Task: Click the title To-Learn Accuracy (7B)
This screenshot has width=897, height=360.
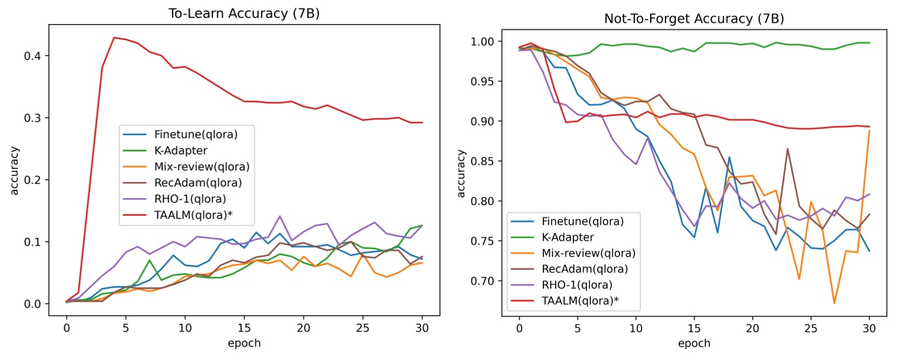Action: (244, 12)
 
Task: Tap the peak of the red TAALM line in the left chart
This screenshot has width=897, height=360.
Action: (114, 38)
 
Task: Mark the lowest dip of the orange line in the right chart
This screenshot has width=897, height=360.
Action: (834, 303)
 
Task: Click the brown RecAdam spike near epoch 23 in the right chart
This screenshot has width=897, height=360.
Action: (788, 149)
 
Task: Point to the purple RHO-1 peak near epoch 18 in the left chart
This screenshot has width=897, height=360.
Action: (279, 216)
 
